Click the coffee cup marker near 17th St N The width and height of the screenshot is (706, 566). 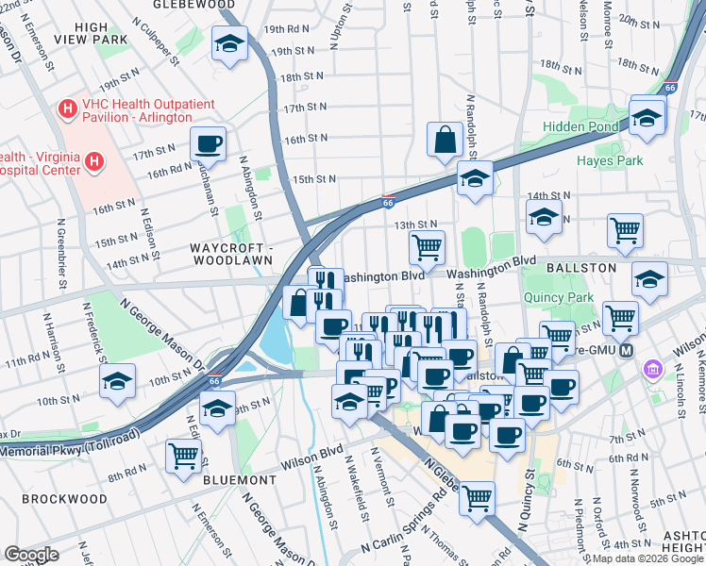point(208,145)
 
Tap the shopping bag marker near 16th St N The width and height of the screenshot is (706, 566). point(444,141)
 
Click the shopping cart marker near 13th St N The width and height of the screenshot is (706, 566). point(427,248)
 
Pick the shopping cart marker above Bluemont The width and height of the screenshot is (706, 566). point(183,456)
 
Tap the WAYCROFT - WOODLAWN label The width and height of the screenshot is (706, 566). point(230,255)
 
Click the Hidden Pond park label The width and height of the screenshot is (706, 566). point(580,126)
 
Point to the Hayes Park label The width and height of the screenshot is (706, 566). point(611,160)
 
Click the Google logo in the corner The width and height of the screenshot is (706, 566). point(31,555)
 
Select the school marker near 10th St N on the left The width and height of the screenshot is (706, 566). point(118,381)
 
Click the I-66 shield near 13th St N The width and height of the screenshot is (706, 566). point(388,201)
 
